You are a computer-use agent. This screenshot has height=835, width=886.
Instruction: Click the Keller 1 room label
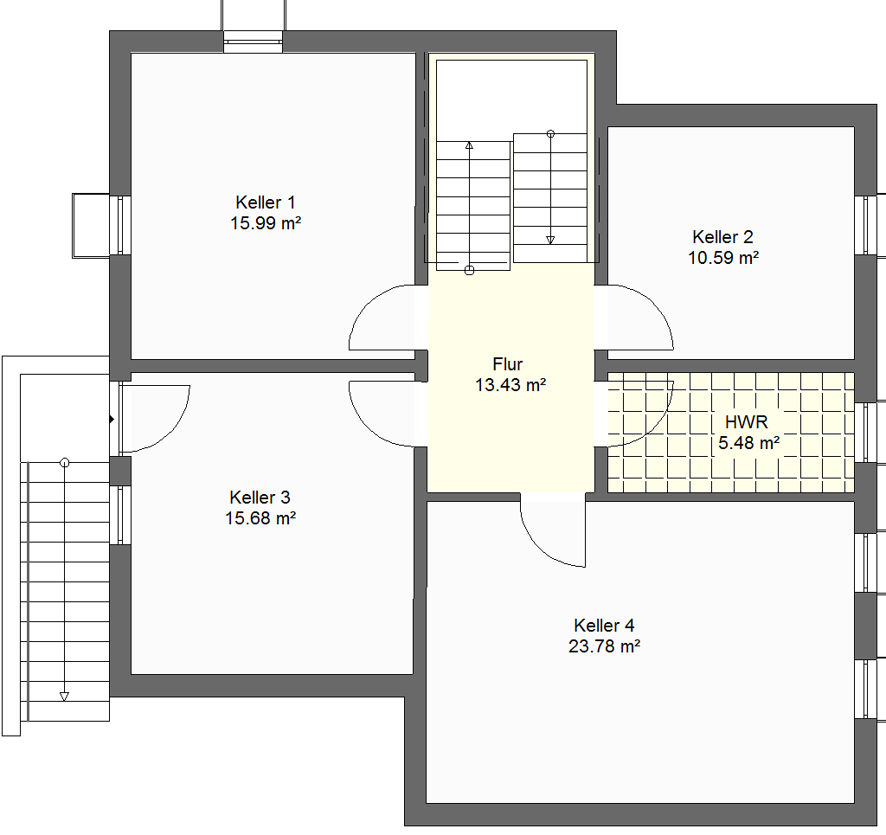265,202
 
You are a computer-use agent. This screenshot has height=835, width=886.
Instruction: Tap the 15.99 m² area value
265,223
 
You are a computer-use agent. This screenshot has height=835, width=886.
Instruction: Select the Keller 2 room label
722,237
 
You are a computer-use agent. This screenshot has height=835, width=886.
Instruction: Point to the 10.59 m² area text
722,258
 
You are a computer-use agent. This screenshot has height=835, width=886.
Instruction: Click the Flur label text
507,363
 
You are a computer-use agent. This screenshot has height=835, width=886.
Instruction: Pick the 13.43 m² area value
510,385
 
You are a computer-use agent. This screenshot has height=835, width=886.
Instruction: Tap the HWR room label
747,422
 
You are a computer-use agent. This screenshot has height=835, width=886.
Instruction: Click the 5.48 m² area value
748,443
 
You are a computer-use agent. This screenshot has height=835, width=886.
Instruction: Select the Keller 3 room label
260,498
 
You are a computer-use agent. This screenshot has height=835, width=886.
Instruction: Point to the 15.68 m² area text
260,518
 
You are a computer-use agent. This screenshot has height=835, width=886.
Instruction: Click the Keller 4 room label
604,626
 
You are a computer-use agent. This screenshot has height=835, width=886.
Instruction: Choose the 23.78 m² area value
604,646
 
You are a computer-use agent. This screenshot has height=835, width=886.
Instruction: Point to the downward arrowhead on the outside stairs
64,697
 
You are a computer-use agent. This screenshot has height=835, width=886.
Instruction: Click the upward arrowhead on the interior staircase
469,145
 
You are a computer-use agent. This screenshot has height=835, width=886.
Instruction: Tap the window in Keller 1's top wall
253,42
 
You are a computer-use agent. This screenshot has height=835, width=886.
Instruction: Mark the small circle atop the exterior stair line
64,463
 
